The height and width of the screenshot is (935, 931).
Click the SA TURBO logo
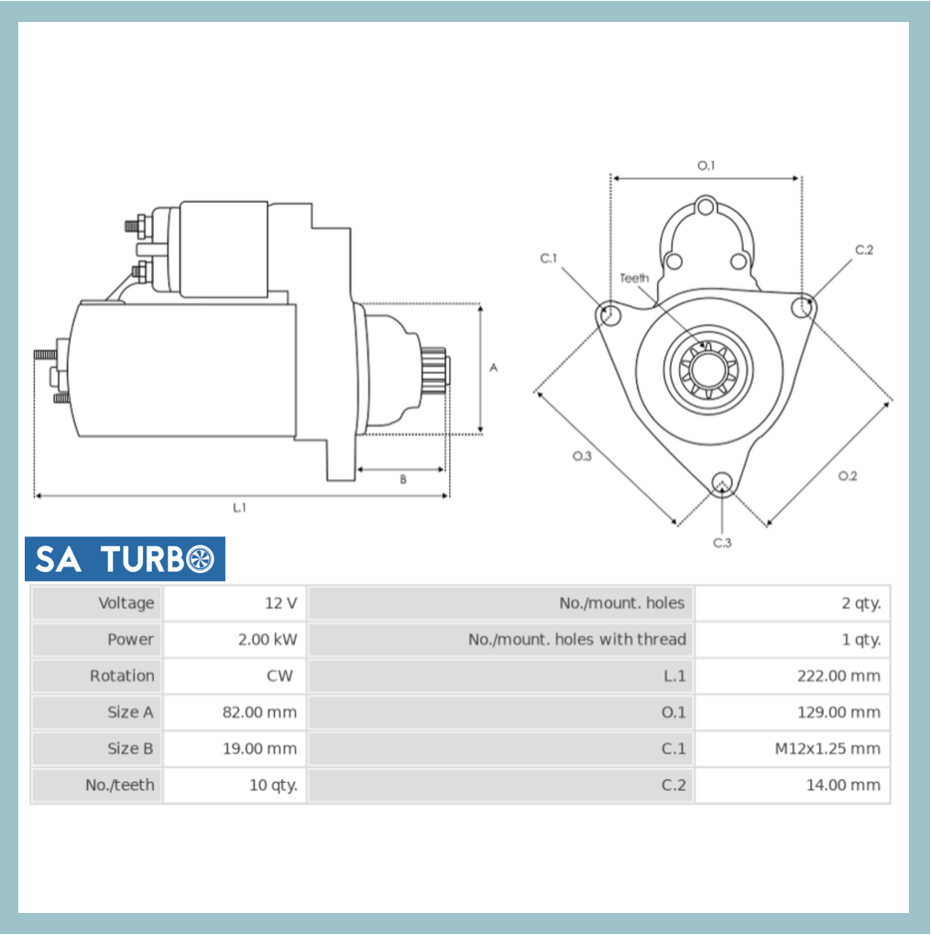125,559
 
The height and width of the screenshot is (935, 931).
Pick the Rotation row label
122,676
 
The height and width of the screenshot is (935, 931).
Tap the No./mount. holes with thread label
576,640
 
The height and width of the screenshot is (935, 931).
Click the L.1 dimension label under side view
239,508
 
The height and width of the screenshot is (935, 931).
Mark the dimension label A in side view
493,368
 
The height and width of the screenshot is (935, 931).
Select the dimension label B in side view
402,478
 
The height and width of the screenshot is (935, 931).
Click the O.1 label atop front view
706,166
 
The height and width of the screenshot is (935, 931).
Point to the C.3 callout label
722,543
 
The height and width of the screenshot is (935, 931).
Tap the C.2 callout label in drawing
864,249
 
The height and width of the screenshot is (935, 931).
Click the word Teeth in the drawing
634,278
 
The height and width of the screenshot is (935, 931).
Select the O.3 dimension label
582,456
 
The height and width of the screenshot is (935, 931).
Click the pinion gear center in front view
706,370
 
